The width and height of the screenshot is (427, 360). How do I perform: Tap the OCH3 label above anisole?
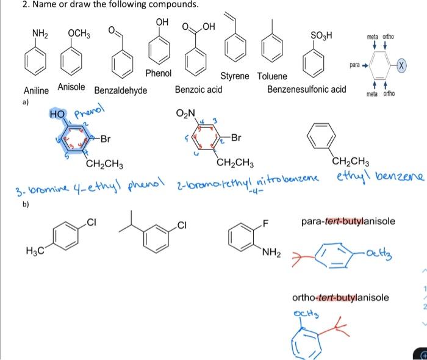point(79,33)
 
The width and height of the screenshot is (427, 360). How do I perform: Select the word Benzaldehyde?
point(121,91)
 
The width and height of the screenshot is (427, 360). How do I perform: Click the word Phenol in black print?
point(159,74)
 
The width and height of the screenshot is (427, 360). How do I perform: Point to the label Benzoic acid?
point(198,90)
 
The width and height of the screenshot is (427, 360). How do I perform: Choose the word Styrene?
point(235,76)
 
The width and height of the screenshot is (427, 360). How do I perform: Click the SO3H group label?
point(321,33)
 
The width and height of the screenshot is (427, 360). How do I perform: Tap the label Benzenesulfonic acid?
point(307,90)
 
